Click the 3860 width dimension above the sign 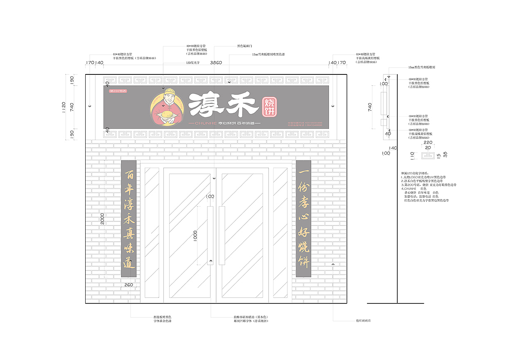216,63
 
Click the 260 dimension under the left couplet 128,285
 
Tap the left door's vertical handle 210,235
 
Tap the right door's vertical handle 222,235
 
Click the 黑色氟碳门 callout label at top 244,46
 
